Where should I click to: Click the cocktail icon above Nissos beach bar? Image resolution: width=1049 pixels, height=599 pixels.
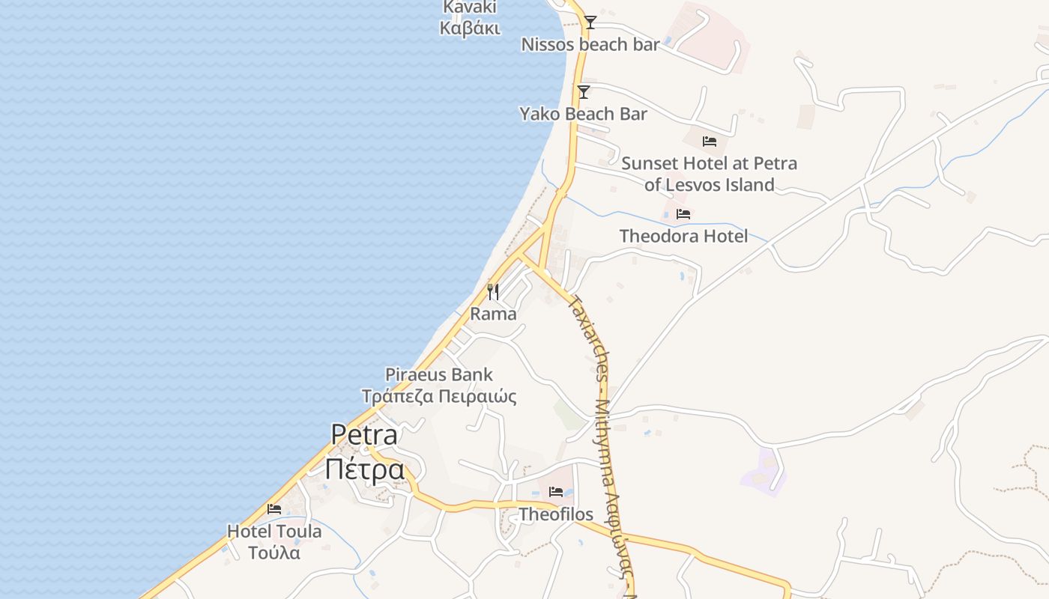(x=590, y=22)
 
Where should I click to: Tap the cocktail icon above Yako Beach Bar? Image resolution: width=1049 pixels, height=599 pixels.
(x=584, y=92)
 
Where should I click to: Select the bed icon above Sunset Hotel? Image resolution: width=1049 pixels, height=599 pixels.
(x=710, y=141)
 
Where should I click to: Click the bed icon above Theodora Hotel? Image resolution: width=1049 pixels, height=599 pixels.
(x=683, y=214)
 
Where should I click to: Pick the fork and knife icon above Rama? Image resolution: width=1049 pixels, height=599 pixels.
(x=493, y=292)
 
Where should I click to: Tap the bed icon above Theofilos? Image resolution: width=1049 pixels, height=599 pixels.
(x=556, y=492)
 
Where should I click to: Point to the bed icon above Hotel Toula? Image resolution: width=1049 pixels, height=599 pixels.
(x=274, y=509)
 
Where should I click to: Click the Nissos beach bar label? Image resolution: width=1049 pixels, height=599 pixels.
(x=590, y=45)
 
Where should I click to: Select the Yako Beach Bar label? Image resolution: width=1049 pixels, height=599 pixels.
(x=584, y=115)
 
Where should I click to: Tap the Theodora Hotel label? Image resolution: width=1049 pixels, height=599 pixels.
(x=683, y=237)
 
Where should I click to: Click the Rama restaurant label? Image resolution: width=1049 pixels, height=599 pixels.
(x=493, y=314)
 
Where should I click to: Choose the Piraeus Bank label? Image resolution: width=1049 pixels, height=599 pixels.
(x=439, y=374)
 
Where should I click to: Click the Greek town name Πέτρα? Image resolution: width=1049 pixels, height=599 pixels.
(x=364, y=469)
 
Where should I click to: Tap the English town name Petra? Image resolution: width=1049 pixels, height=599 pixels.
(x=364, y=435)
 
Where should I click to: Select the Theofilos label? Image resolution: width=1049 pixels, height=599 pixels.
(x=556, y=514)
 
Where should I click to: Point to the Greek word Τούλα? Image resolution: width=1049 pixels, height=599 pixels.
(x=274, y=553)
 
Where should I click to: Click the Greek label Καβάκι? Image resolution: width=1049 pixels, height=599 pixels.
(x=470, y=28)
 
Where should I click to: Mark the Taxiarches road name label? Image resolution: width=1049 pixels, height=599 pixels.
(x=588, y=337)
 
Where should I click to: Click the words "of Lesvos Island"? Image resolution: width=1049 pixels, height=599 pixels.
(x=710, y=185)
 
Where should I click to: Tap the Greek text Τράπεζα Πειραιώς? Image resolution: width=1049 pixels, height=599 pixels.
(x=439, y=397)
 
